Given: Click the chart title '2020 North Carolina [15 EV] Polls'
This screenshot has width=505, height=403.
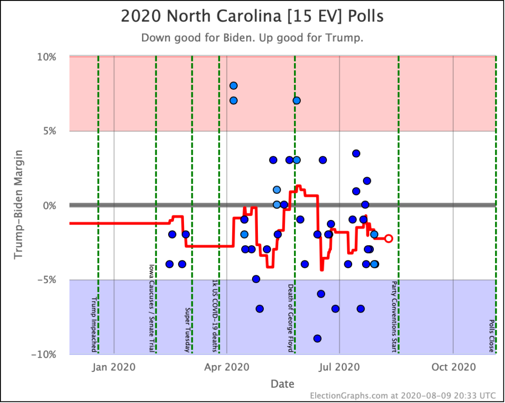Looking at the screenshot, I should coord(252,16).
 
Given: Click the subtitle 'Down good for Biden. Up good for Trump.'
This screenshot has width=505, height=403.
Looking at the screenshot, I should coord(252,38).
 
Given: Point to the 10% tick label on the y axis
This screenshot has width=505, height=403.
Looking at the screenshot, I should coord(47,57).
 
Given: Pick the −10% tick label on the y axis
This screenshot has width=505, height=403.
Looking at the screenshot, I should coord(44,355).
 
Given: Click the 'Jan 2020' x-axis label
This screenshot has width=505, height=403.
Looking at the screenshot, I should coord(113,367).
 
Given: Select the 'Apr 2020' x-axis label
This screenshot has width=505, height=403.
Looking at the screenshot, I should coord(226,367).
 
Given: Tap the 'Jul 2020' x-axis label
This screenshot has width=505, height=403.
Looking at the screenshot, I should coord(339,367).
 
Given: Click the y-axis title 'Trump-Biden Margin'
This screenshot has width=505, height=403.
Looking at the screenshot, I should coord(18,205).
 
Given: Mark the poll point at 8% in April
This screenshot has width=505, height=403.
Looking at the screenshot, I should coord(233,86).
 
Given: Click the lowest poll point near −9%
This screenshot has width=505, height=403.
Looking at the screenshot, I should coord(317,338).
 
